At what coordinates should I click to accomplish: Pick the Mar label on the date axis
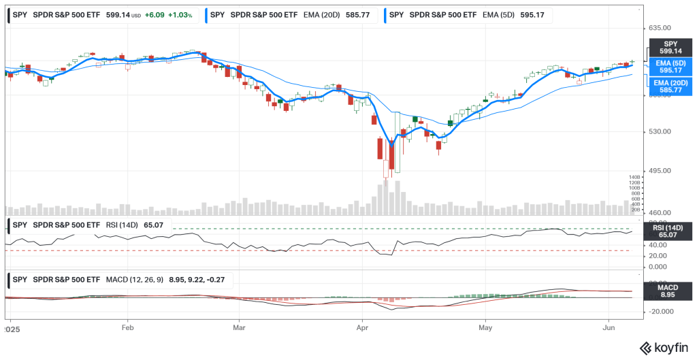point(239,327)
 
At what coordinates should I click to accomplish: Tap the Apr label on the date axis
point(363,327)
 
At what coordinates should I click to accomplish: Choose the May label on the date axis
point(485,327)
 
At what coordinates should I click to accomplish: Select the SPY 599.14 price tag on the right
point(670,48)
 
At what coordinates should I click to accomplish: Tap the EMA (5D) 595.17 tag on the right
point(670,67)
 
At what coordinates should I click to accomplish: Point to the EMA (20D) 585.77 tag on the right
point(670,86)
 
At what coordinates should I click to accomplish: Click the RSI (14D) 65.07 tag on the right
point(670,231)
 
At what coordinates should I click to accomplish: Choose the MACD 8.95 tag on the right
point(670,291)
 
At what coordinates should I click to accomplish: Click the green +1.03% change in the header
point(180,14)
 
